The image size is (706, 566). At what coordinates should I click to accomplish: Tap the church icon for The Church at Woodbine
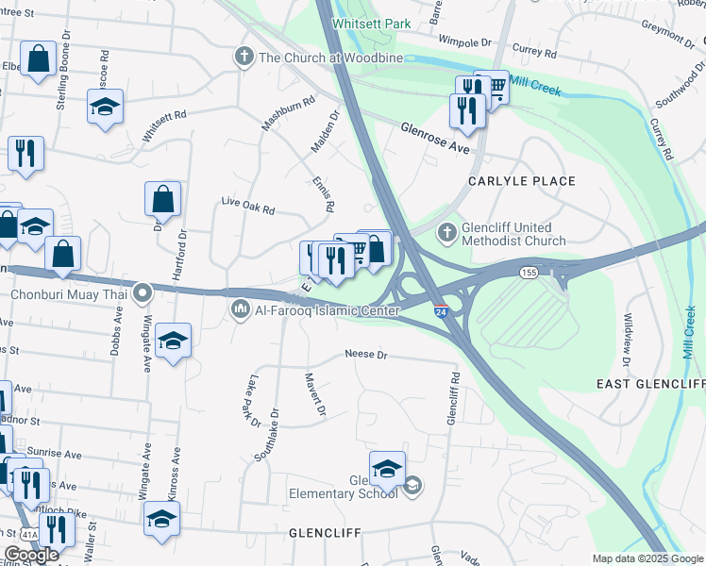point(244,57)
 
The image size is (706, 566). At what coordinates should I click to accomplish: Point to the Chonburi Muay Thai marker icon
point(143,293)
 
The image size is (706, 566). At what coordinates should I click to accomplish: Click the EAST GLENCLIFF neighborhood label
point(650,384)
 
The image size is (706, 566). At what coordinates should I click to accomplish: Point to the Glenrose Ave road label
point(434,138)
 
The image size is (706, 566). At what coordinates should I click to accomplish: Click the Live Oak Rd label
point(247,206)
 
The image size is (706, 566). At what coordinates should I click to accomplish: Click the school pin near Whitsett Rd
point(106,108)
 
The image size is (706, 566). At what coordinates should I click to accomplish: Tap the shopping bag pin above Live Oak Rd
point(162,199)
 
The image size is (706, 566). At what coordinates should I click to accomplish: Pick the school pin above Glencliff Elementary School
point(387,469)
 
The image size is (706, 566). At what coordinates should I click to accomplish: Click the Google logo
point(31,555)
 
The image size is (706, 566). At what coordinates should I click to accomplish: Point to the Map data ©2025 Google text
point(647,558)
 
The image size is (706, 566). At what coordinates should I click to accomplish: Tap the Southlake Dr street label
point(267,434)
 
